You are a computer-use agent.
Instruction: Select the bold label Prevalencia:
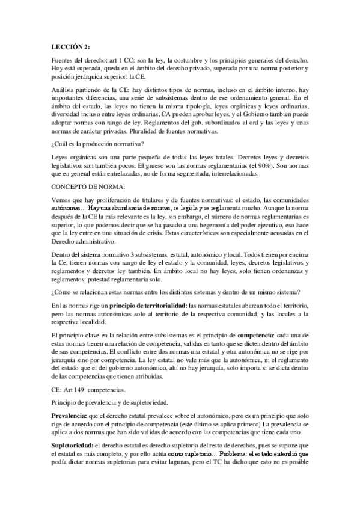tap(69, 399)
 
